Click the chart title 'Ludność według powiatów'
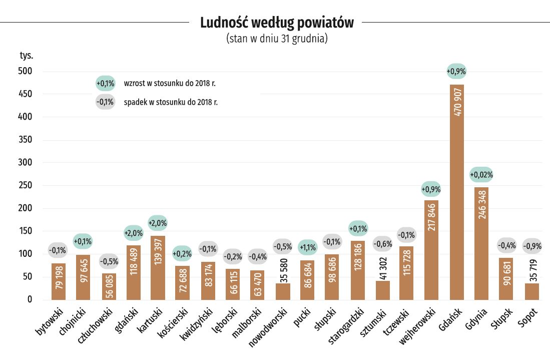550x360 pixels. coord(276,23)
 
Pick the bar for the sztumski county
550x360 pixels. coord(382,290)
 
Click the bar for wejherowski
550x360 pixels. coord(431,250)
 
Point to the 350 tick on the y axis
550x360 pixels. coord(25,140)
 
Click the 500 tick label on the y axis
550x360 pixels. coord(25,71)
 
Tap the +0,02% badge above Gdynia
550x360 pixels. coord(481,175)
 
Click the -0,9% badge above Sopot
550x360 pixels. coord(532,246)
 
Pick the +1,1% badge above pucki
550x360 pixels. coord(308,247)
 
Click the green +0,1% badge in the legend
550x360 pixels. coord(106,83)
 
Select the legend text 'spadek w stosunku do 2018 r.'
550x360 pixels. coord(170,102)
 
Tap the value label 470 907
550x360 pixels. coord(457,104)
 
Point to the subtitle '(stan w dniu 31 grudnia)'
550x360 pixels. coord(277,39)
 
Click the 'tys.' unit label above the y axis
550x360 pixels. coord(27,55)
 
